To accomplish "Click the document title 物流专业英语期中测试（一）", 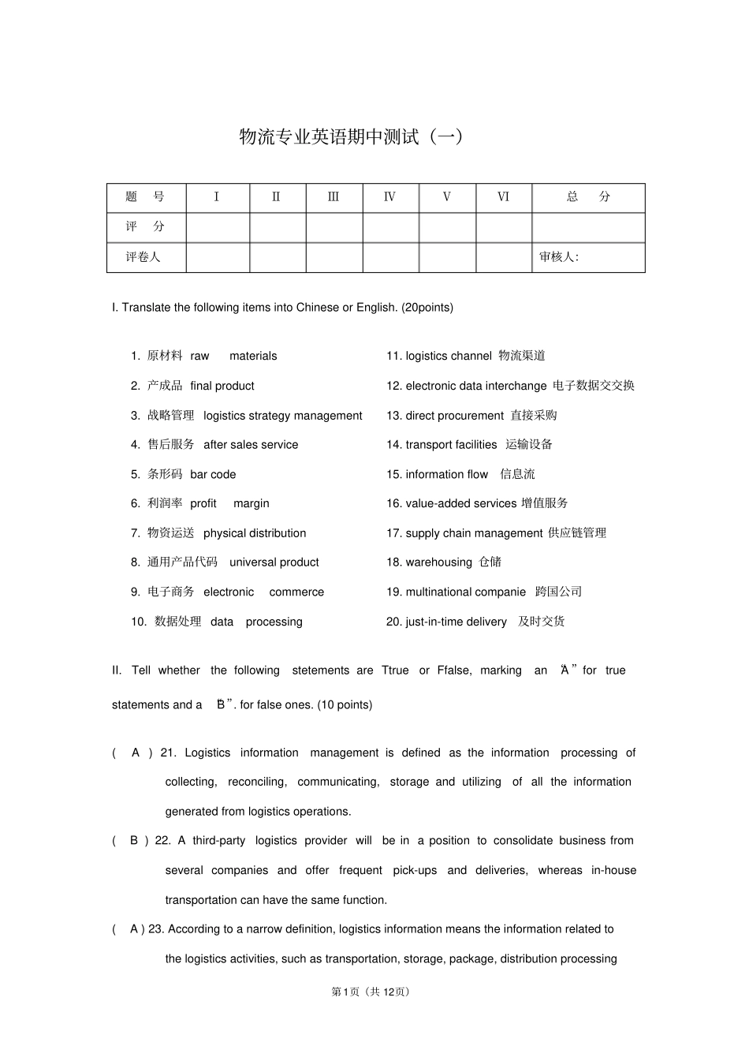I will coord(352,137).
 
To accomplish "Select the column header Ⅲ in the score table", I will coord(334,197).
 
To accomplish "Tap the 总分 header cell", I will coord(588,197).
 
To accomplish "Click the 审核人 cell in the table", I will coord(559,257).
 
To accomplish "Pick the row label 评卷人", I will coord(143,257).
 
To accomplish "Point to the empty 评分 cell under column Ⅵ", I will coord(503,227).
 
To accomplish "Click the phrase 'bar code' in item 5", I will coord(213,474).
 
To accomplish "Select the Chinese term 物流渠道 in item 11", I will coord(522,356).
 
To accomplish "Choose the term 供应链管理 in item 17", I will coord(577,533).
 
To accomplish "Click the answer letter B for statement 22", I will coord(134,841).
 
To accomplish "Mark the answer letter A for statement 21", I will coord(136,753).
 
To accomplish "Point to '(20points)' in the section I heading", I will coord(427,308).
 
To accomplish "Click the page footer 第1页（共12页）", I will coord(371,992).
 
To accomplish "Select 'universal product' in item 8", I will coord(274,562).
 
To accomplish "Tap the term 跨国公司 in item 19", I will coord(558,592).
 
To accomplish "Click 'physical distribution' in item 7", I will coord(255,533).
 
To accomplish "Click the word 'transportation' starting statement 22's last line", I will coord(201,900).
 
